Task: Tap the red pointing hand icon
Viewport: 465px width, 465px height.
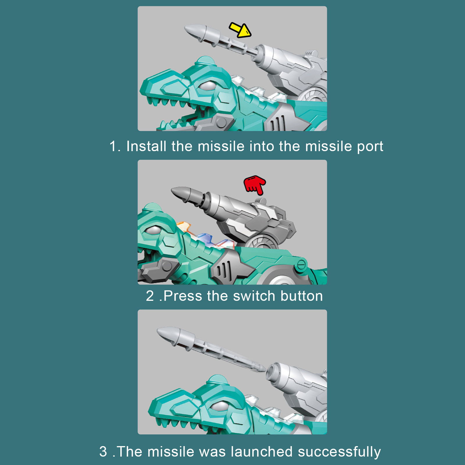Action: [255, 185]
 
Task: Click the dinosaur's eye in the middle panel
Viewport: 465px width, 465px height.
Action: [153, 230]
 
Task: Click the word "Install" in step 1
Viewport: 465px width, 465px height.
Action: [146, 146]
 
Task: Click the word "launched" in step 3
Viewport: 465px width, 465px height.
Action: [262, 452]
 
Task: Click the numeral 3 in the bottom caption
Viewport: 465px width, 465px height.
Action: [103, 452]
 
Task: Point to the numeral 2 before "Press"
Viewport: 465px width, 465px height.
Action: [150, 296]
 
